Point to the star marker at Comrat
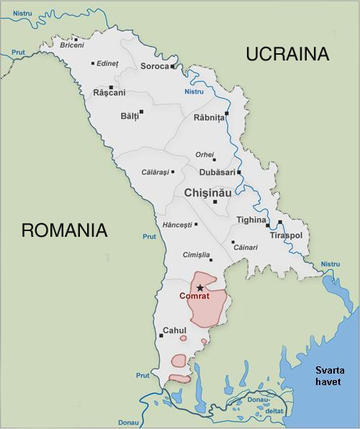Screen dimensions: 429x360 tap(200, 288)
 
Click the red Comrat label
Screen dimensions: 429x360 tap(195, 297)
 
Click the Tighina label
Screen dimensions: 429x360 tap(251, 220)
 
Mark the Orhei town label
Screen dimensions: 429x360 tap(205, 154)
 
